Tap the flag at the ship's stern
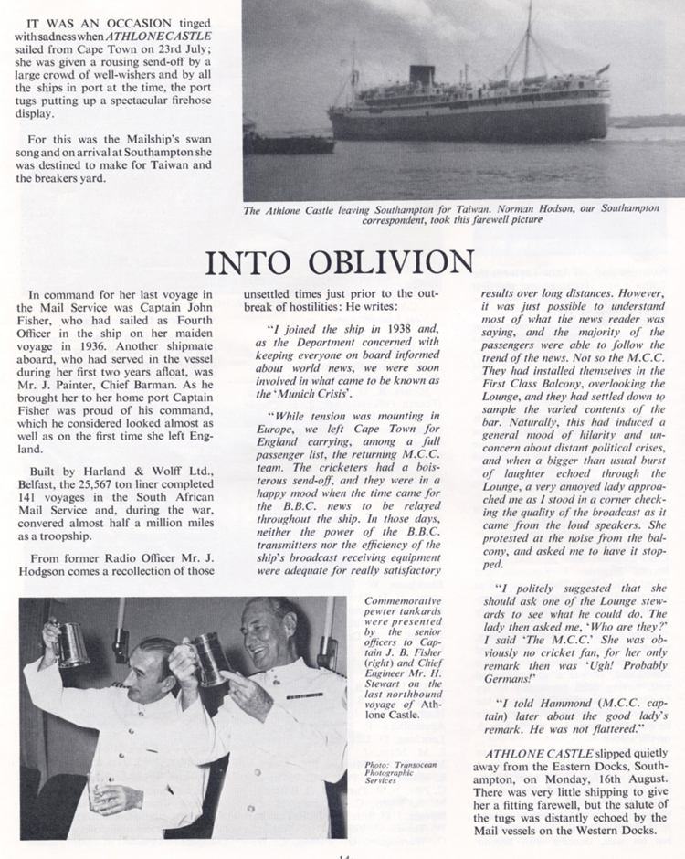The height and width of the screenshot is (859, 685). [x=602, y=69]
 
